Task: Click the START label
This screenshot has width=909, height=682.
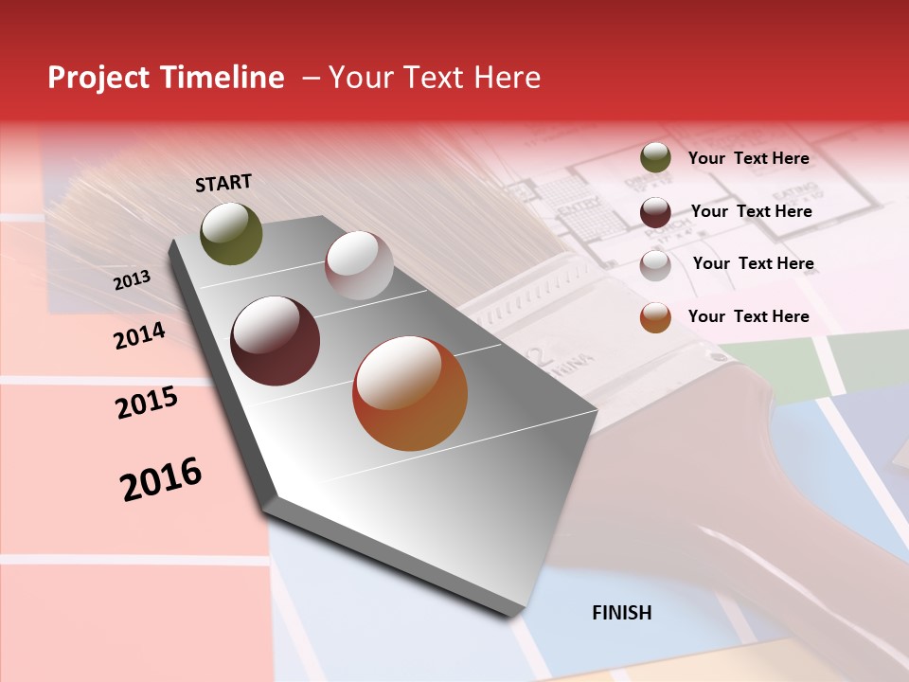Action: tap(223, 183)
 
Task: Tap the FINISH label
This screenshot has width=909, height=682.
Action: tap(622, 613)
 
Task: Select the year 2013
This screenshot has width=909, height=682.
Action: tap(132, 279)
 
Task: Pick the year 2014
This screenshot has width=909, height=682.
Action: tap(139, 335)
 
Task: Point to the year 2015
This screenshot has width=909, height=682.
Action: tap(147, 403)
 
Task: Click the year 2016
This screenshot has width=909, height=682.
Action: tap(161, 478)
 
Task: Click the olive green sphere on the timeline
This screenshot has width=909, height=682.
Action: tap(231, 234)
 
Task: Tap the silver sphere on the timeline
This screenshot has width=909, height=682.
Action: tap(359, 265)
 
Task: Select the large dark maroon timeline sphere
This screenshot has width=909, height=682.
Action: tap(275, 341)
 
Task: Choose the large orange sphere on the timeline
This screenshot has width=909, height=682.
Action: tap(410, 393)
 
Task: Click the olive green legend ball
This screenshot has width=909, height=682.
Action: tap(655, 157)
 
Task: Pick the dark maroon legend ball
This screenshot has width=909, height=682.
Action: tap(655, 212)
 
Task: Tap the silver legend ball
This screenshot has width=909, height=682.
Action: tap(655, 265)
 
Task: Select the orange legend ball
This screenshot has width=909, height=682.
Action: tap(655, 317)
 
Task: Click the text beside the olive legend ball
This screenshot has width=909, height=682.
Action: tap(748, 158)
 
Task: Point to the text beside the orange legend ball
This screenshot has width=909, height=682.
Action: tap(748, 316)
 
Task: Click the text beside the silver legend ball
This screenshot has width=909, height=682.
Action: tap(753, 263)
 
